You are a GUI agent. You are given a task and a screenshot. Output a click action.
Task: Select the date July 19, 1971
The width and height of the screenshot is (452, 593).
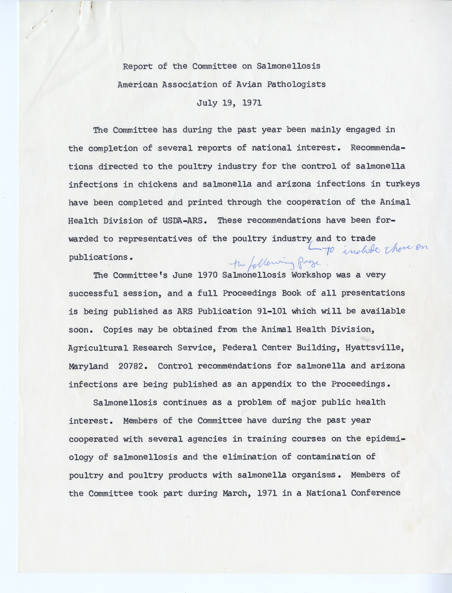click(x=229, y=103)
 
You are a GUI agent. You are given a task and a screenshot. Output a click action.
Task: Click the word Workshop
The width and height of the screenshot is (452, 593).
click(x=311, y=275)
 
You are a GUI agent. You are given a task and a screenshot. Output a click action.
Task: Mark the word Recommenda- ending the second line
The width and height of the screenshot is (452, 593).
click(x=378, y=148)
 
